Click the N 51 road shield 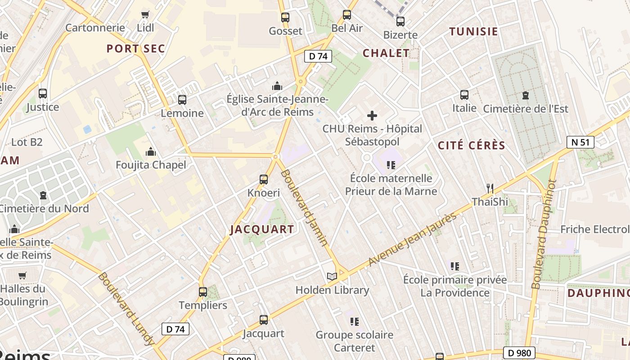580,142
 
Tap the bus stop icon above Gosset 285,18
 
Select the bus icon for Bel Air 347,14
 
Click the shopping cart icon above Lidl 145,14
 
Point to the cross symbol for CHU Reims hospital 372,116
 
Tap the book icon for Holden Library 332,276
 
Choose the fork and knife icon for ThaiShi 490,188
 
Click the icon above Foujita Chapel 151,151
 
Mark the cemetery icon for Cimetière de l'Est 525,95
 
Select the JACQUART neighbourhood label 262,229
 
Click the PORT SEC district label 136,49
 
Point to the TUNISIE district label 474,31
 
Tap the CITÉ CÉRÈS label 472,145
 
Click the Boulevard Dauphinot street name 544,234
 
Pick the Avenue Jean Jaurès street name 412,239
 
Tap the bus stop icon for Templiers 203,292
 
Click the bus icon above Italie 464,95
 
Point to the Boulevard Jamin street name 304,207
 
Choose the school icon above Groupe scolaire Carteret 355,321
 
